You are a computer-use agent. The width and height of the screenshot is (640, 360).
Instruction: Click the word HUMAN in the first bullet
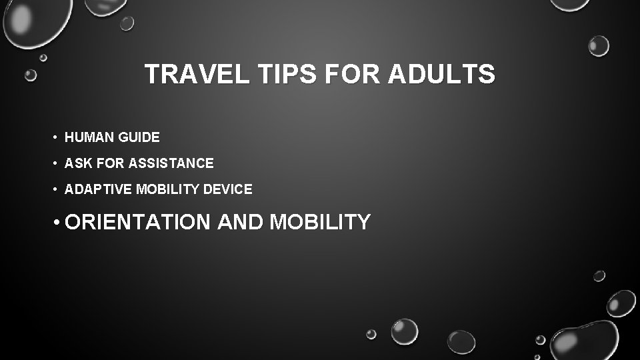[89, 138]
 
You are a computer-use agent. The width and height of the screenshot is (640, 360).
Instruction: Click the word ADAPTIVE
[99, 189]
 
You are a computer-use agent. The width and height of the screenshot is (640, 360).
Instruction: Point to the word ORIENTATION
[137, 222]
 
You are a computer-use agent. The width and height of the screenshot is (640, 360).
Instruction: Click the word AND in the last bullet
[241, 222]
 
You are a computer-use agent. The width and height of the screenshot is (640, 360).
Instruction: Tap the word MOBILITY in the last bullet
[320, 222]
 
